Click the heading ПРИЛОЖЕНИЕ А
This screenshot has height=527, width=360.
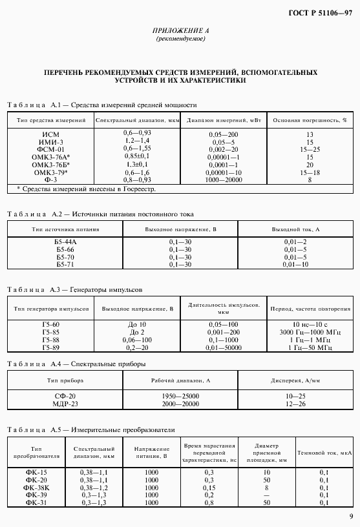(x=180, y=31)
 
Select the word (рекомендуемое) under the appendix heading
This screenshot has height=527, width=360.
(x=180, y=39)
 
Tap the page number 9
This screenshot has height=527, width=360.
(x=350, y=515)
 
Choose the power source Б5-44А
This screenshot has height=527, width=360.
(x=66, y=242)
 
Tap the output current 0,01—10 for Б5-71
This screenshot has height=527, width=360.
(x=296, y=265)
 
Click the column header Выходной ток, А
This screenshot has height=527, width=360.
(x=296, y=229)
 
